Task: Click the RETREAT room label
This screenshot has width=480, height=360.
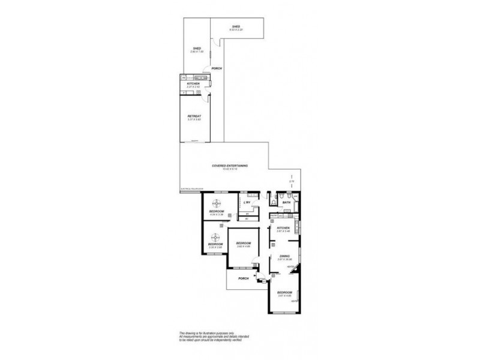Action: click(x=193, y=116)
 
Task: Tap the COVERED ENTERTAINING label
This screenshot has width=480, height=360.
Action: click(x=230, y=166)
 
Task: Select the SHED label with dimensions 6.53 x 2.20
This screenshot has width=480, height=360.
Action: click(x=236, y=27)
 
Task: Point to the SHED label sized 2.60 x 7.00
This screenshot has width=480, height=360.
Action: click(x=197, y=49)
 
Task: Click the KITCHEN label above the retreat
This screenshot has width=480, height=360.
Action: click(x=193, y=84)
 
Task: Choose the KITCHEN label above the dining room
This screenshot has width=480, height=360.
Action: click(x=283, y=228)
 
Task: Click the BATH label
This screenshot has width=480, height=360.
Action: click(x=286, y=203)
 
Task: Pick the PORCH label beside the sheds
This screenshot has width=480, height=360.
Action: click(x=217, y=68)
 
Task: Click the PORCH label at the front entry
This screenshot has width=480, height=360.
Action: click(x=244, y=278)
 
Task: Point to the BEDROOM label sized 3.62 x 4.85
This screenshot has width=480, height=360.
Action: click(x=243, y=243)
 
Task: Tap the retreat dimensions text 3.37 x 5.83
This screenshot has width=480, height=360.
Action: click(x=193, y=119)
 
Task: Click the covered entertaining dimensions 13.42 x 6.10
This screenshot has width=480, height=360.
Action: click(x=230, y=169)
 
